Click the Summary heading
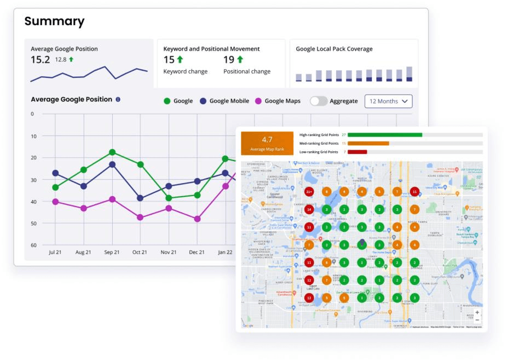[54, 21]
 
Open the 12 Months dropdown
[388, 101]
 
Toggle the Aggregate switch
[319, 101]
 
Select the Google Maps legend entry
[278, 101]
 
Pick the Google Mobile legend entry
[224, 101]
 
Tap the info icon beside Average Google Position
[118, 100]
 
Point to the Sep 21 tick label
[112, 252]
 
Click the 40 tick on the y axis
[33, 202]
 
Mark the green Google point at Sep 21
[112, 152]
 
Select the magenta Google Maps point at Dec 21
[197, 219]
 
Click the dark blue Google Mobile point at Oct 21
[140, 198]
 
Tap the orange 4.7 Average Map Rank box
[267, 143]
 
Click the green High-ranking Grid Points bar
[384, 135]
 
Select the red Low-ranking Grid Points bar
[357, 152]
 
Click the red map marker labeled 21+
[309, 192]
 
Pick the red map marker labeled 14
[309, 209]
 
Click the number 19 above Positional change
[229, 60]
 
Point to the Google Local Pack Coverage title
[334, 49]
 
